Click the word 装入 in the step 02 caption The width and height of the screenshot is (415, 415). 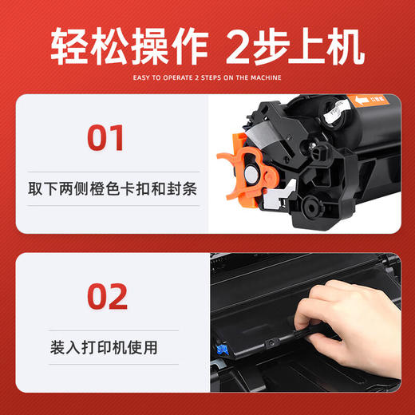(x=65, y=348)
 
